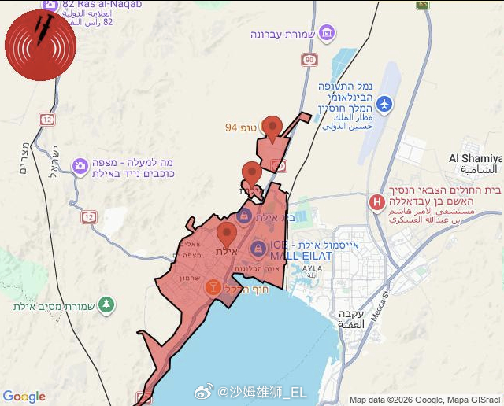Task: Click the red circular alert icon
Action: [x=41, y=45]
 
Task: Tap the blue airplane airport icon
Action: [x=384, y=103]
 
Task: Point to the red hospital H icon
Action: [x=376, y=202]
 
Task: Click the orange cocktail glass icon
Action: [x=212, y=287]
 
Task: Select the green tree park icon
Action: [x=106, y=304]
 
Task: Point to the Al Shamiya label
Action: [x=476, y=158]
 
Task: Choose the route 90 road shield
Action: [x=308, y=60]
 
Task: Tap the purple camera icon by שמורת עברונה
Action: [x=327, y=34]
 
